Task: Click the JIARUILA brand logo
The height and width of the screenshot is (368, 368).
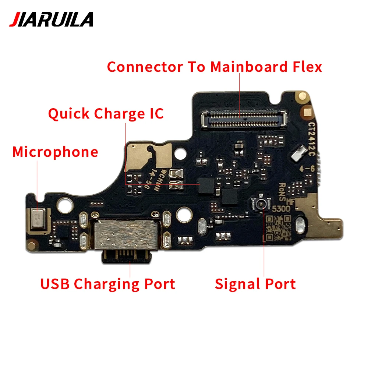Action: point(51,20)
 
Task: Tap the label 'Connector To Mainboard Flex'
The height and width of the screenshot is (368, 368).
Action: point(215,67)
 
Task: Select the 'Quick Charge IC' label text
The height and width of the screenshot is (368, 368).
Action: point(106,114)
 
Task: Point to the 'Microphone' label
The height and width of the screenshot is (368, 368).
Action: point(56,152)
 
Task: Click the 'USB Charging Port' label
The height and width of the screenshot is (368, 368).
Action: point(108,284)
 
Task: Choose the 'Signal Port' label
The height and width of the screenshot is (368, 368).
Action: point(255,284)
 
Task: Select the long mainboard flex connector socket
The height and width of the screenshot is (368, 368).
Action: point(244,118)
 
